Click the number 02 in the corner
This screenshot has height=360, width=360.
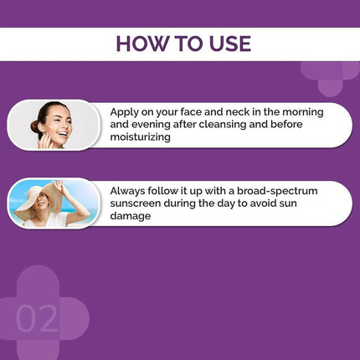[x=38, y=319]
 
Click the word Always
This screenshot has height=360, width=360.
[x=131, y=188]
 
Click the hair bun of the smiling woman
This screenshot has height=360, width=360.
[x=35, y=126]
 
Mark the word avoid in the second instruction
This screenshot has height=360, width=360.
[x=282, y=203]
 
